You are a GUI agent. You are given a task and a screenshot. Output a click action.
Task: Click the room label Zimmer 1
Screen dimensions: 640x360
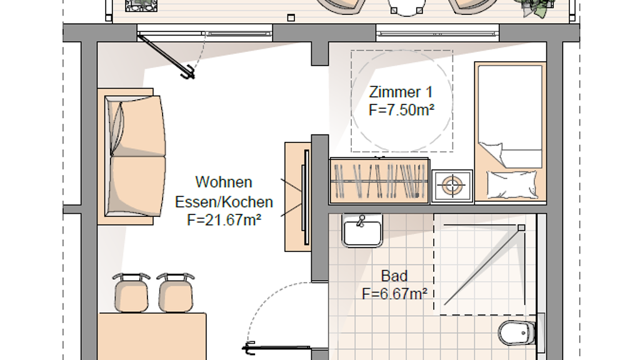pyautogui.click(x=401, y=92)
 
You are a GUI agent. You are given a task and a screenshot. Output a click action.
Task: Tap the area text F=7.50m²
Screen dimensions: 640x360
pyautogui.click(x=401, y=110)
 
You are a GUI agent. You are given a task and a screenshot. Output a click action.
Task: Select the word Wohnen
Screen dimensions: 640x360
pyautogui.click(x=224, y=182)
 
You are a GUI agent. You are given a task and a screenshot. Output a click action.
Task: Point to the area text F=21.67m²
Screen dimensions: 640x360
pyautogui.click(x=224, y=220)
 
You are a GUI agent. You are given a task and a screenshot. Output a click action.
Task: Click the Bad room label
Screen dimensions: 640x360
pyautogui.click(x=394, y=276)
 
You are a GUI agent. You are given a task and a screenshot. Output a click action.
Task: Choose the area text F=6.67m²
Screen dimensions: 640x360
pyautogui.click(x=395, y=294)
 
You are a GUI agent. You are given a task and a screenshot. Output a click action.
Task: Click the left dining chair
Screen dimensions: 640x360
pyautogui.click(x=131, y=292)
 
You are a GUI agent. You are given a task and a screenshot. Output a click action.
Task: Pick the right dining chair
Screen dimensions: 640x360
pyautogui.click(x=175, y=292)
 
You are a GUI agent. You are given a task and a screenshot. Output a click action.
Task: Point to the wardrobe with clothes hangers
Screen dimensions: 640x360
pyautogui.click(x=379, y=181)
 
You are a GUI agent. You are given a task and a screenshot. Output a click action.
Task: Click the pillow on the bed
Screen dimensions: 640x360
pyautogui.click(x=512, y=184)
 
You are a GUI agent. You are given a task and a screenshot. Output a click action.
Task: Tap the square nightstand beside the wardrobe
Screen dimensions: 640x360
pyautogui.click(x=452, y=186)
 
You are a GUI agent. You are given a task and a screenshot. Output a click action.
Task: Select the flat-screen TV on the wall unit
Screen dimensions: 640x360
pyautogui.click(x=305, y=197)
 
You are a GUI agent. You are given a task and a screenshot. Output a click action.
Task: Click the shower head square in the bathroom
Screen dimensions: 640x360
pyautogui.click(x=521, y=227)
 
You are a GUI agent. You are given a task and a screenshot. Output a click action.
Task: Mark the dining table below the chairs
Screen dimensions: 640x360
pyautogui.click(x=152, y=336)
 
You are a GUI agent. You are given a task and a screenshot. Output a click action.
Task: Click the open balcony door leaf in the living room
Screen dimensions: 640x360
pyautogui.click(x=166, y=56)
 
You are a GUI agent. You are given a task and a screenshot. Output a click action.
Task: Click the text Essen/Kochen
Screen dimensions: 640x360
pyautogui.click(x=224, y=202)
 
